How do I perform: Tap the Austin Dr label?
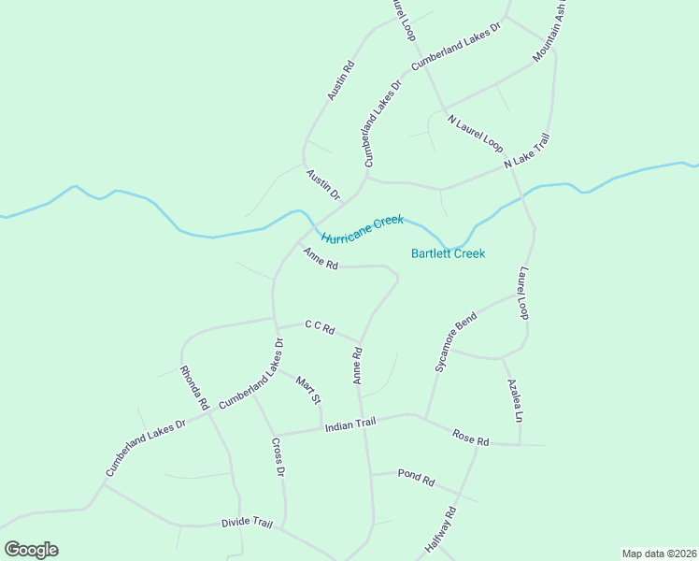point(322,184)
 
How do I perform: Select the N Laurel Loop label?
point(476,135)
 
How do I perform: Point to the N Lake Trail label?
point(527,151)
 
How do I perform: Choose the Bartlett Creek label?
point(449,253)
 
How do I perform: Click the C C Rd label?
point(320,327)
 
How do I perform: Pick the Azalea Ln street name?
point(513,399)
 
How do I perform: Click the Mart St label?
point(308,389)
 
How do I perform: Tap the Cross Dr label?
point(278,457)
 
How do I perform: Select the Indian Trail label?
point(349,425)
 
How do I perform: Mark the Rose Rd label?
point(471,437)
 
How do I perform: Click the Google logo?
point(31,550)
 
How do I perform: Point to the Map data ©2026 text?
point(660,554)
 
